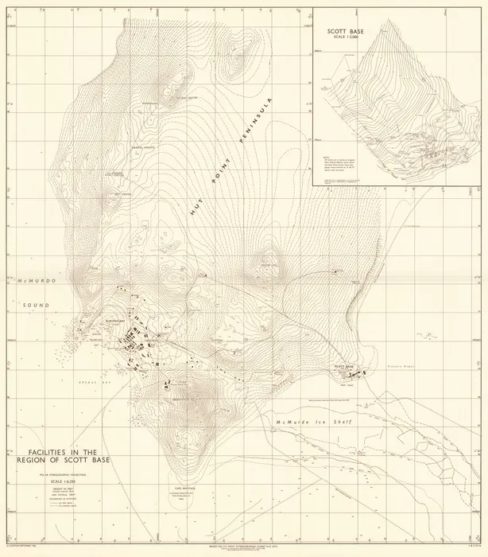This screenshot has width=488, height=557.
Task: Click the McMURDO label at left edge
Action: pyautogui.click(x=33, y=282)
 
